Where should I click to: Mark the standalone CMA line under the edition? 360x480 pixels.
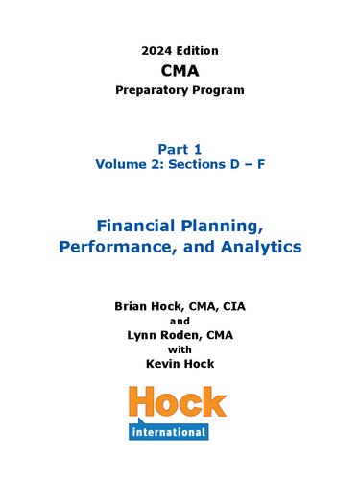click(x=180, y=69)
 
